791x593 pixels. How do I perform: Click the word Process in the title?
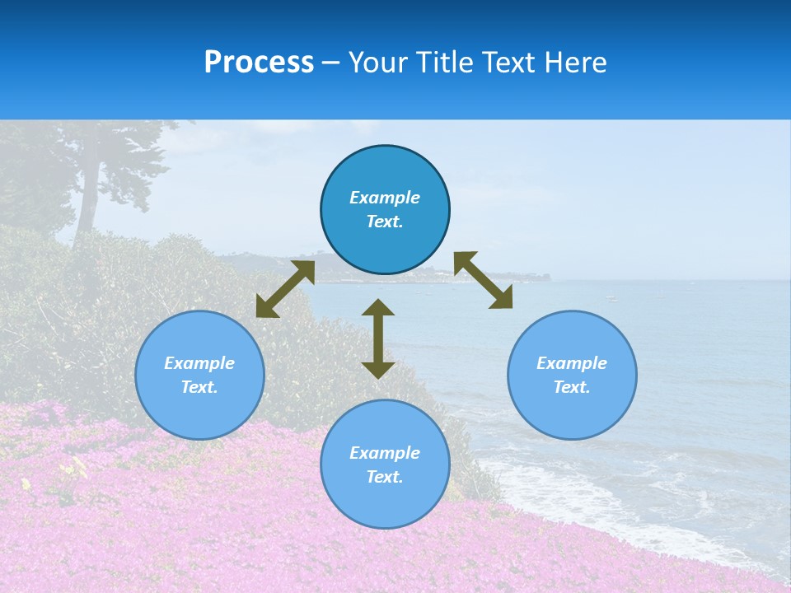[x=259, y=63]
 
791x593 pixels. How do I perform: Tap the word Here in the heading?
[x=573, y=63]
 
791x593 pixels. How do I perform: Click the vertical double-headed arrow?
[x=378, y=339]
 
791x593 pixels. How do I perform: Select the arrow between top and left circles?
[x=285, y=289]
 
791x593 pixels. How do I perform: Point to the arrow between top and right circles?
[x=483, y=280]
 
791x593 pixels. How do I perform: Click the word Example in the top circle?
[x=385, y=198]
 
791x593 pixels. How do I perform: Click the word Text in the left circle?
[x=199, y=387]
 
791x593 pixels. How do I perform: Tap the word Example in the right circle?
[x=572, y=363]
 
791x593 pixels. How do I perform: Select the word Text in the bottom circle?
[x=385, y=477]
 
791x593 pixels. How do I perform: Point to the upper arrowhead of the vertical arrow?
[x=378, y=308]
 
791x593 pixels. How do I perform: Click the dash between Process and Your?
[x=331, y=63]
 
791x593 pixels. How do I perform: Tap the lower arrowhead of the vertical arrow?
[x=378, y=370]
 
